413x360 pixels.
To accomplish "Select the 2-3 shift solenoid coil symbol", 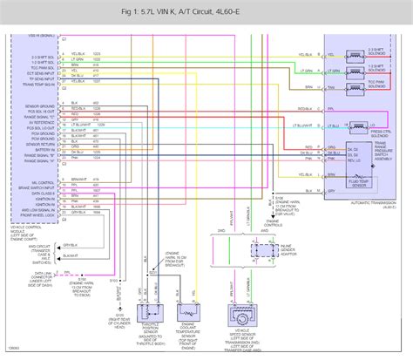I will pyautogui.click(x=355, y=51).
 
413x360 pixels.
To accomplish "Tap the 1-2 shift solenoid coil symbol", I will pyautogui.click(x=355, y=67).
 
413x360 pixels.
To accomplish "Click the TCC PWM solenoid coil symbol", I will pyautogui.click(x=355, y=83).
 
